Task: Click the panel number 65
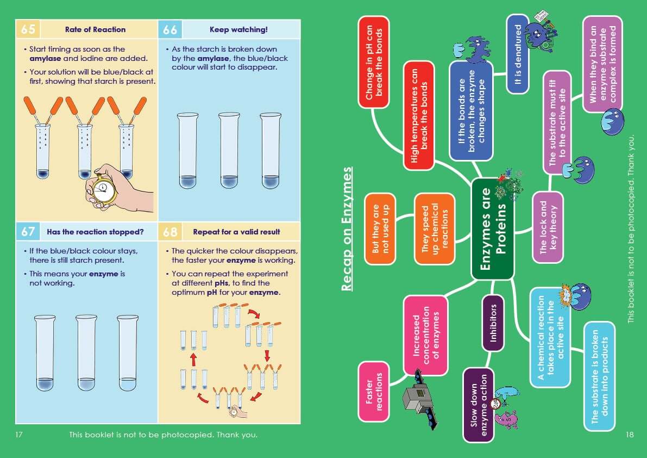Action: coord(28,29)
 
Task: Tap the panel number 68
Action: coord(170,232)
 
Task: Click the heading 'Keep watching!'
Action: coord(238,29)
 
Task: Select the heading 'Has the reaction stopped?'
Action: coord(95,232)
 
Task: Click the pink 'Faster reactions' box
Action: coord(374,391)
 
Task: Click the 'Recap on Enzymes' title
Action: coord(347,229)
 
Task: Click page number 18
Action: coord(630,435)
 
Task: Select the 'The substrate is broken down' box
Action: coord(600,376)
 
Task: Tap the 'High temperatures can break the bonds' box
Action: coord(418,115)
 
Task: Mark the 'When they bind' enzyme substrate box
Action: coord(602,64)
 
